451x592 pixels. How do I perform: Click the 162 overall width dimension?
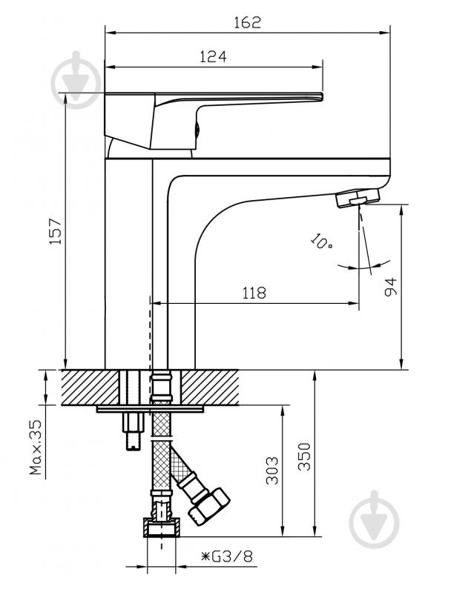[247, 22]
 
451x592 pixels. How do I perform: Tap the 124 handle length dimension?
[213, 56]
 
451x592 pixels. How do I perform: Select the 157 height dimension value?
[56, 231]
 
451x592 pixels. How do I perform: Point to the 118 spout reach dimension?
[254, 293]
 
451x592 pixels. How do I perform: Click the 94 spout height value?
[390, 287]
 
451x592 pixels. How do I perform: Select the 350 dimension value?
[304, 456]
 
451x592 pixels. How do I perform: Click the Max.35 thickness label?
[36, 448]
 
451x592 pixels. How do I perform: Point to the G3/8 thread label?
[232, 556]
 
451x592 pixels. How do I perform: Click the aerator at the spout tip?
[358, 198]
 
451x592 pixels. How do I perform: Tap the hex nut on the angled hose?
[208, 507]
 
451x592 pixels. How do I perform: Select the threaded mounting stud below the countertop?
[133, 431]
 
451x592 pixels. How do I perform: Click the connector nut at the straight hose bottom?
[162, 528]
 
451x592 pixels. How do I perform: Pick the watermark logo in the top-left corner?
[76, 80]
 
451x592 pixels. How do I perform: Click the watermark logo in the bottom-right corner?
[375, 519]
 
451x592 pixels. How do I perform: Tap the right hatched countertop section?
[210, 388]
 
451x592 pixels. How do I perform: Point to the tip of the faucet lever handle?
[322, 96]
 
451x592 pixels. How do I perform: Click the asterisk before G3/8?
[205, 556]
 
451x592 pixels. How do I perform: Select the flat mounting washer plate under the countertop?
[150, 409]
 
